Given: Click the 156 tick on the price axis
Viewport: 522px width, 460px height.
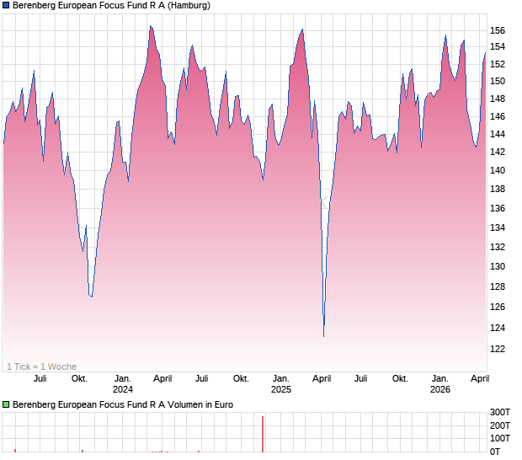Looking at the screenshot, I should (x=498, y=31).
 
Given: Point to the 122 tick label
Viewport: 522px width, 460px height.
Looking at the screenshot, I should (x=498, y=349).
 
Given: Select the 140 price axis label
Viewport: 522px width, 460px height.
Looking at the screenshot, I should (x=498, y=171).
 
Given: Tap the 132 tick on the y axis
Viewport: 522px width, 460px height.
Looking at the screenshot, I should (x=498, y=247).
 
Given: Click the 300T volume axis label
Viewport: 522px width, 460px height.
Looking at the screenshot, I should (x=501, y=412).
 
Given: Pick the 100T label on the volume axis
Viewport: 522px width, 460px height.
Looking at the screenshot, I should (x=501, y=438).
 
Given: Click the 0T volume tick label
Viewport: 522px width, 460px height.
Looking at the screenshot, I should (x=498, y=452).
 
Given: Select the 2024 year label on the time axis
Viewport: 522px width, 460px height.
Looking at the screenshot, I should (x=123, y=389).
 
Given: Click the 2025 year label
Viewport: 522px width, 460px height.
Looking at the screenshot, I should (x=281, y=389).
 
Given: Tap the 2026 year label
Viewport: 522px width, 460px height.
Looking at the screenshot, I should (x=439, y=389).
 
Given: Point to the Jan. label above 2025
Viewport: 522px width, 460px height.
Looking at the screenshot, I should (x=281, y=378).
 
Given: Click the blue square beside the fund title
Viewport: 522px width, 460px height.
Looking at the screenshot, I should (x=6, y=5).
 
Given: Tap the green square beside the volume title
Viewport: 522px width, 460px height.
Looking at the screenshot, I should (x=6, y=404).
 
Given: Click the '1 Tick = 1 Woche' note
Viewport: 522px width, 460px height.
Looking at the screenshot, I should (x=41, y=366).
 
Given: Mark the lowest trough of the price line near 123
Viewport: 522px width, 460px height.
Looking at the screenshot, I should (x=323, y=336).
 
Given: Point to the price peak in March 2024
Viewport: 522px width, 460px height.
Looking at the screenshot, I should (x=150, y=26).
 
